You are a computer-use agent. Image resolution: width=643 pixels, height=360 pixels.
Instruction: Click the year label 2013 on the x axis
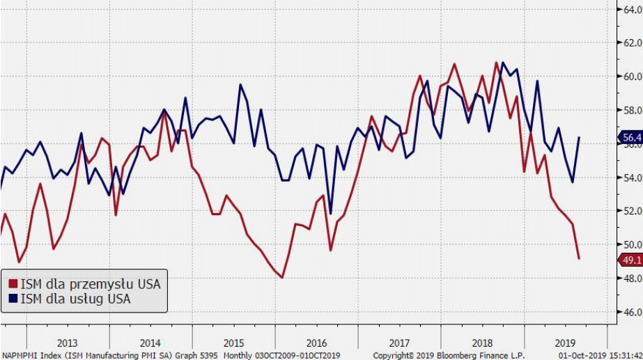[68, 343]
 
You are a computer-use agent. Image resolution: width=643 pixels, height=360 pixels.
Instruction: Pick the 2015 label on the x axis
[233, 343]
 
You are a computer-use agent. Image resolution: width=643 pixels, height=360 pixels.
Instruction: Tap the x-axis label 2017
[399, 343]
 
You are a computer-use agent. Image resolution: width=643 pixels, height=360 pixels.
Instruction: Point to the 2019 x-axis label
[565, 343]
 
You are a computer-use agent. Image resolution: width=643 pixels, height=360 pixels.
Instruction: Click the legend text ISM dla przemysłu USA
[90, 284]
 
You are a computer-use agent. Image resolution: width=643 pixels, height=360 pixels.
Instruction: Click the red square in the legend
[12, 284]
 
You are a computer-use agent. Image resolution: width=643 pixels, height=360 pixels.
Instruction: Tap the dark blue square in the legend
[12, 299]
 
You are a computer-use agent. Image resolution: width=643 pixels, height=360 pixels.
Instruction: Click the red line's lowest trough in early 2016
[282, 277]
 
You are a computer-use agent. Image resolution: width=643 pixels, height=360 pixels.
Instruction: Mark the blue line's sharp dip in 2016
[330, 213]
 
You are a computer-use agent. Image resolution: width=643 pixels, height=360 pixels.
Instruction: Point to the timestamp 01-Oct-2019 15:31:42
[601, 354]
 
